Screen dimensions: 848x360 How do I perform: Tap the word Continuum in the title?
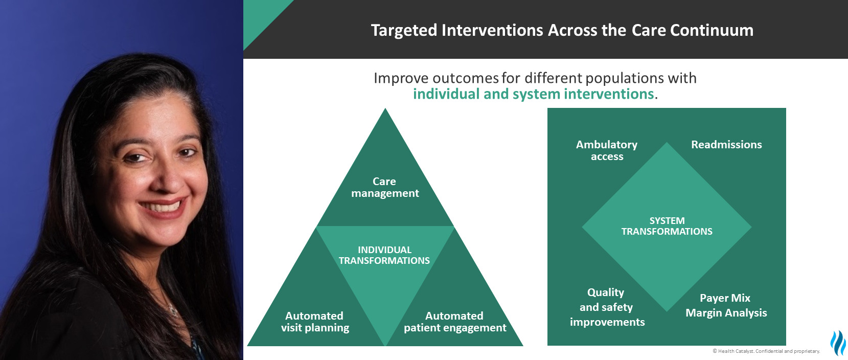[712, 30]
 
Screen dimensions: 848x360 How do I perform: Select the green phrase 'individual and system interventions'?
[534, 94]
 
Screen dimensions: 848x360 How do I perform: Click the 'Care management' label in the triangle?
[384, 187]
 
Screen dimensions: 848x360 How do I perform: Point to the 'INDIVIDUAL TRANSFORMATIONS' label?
[384, 255]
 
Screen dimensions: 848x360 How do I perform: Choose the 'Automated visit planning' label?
[314, 322]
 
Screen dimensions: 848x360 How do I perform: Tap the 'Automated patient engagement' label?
[454, 322]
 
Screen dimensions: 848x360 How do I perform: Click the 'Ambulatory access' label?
[607, 150]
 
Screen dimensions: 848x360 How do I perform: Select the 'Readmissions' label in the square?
[726, 145]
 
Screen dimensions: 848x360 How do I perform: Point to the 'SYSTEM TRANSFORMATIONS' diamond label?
[667, 226]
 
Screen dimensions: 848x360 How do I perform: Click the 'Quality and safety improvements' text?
[607, 307]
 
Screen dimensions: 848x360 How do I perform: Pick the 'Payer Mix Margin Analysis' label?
[726, 305]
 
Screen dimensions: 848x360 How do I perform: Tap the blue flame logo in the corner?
[838, 343]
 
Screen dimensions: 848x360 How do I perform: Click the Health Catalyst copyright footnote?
[766, 351]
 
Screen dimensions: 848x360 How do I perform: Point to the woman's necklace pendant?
[173, 311]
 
